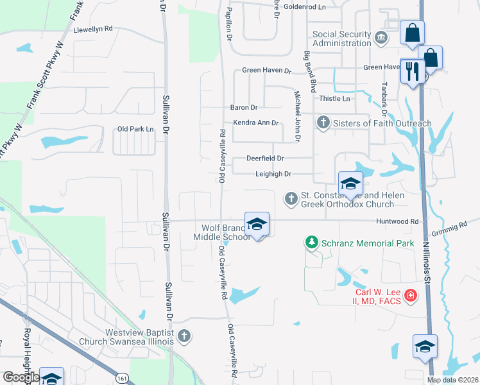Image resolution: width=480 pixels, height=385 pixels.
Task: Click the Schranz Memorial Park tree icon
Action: coord(311,242)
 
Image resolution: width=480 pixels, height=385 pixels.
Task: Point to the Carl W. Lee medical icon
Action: coord(410,297)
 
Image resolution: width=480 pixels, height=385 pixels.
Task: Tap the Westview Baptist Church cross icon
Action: coord(184,335)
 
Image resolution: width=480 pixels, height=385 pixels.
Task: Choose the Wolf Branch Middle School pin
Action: coord(257,225)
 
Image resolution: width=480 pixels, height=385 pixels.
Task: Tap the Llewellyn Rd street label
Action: coord(93,30)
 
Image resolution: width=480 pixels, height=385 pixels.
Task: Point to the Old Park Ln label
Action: coord(135,129)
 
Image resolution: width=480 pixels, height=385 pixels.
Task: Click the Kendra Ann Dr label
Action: coord(256,123)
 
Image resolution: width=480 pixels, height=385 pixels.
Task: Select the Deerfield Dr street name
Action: coord(265,158)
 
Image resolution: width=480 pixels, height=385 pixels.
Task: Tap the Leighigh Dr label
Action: coord(273,174)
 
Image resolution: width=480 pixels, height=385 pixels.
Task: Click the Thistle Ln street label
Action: coord(335,99)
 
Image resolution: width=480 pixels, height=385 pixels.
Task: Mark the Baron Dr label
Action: coord(244,107)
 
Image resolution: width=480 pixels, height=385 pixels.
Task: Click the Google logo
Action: coord(21,377)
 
